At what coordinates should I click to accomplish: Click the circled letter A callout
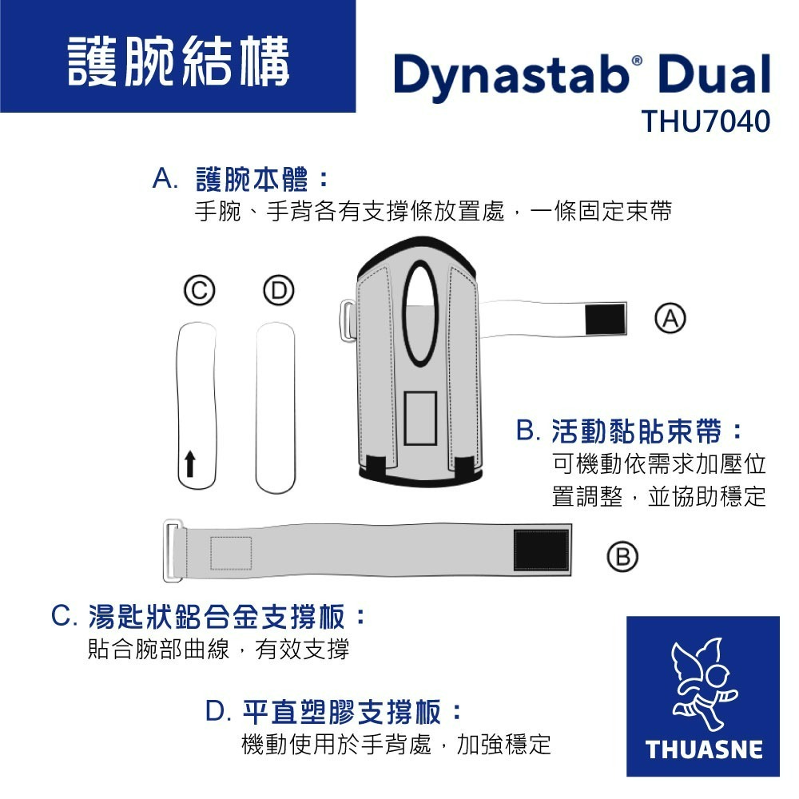coord(670,318)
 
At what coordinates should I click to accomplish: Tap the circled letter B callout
coord(622,556)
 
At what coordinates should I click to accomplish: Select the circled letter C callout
coord(199,290)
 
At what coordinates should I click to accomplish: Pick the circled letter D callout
coord(278,290)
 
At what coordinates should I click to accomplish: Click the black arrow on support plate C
coord(190,463)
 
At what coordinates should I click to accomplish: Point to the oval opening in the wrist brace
coord(420,313)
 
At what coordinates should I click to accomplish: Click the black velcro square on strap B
coord(541,550)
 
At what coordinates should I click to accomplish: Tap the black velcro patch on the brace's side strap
coord(606,320)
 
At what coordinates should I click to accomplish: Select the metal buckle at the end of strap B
coord(173,551)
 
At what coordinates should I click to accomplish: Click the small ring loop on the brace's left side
coord(348,321)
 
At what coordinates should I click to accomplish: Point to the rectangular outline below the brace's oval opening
coord(420,419)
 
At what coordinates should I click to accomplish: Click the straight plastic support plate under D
coord(275,407)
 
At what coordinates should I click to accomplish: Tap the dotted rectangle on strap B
coord(231,552)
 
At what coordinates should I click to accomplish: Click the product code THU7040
coord(706,121)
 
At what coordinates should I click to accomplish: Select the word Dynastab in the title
coord(511,74)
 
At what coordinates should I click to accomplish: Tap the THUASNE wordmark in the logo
coord(703,749)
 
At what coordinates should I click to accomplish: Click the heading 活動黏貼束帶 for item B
coord(637,431)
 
